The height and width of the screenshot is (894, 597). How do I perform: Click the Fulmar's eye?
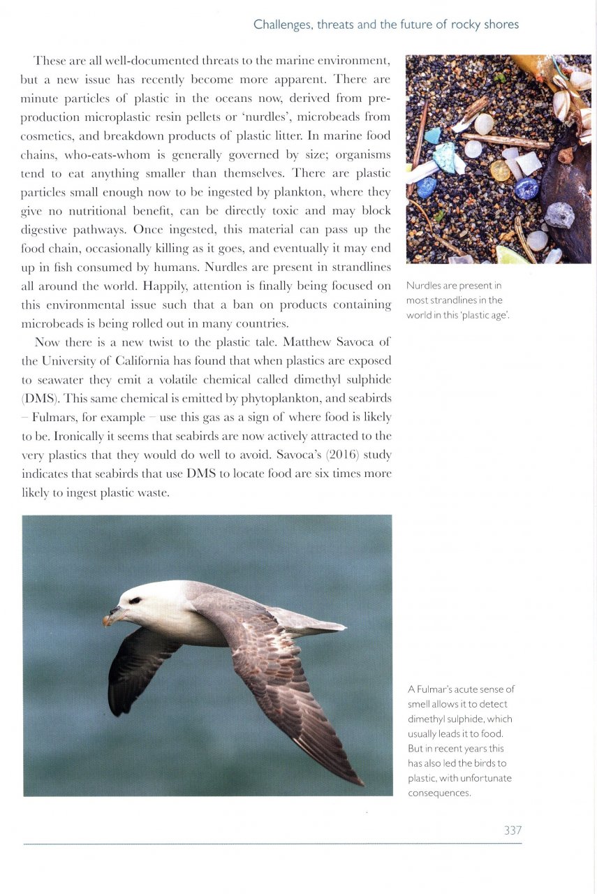134,600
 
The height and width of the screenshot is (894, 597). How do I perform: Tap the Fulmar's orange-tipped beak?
109,619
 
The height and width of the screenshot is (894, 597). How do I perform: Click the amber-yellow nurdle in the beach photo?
500,170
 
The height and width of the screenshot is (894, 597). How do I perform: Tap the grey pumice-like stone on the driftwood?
559,216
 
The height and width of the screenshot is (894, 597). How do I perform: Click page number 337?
513,830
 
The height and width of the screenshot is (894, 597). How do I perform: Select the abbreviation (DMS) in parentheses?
40,398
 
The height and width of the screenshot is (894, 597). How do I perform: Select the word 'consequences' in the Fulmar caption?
438,793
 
